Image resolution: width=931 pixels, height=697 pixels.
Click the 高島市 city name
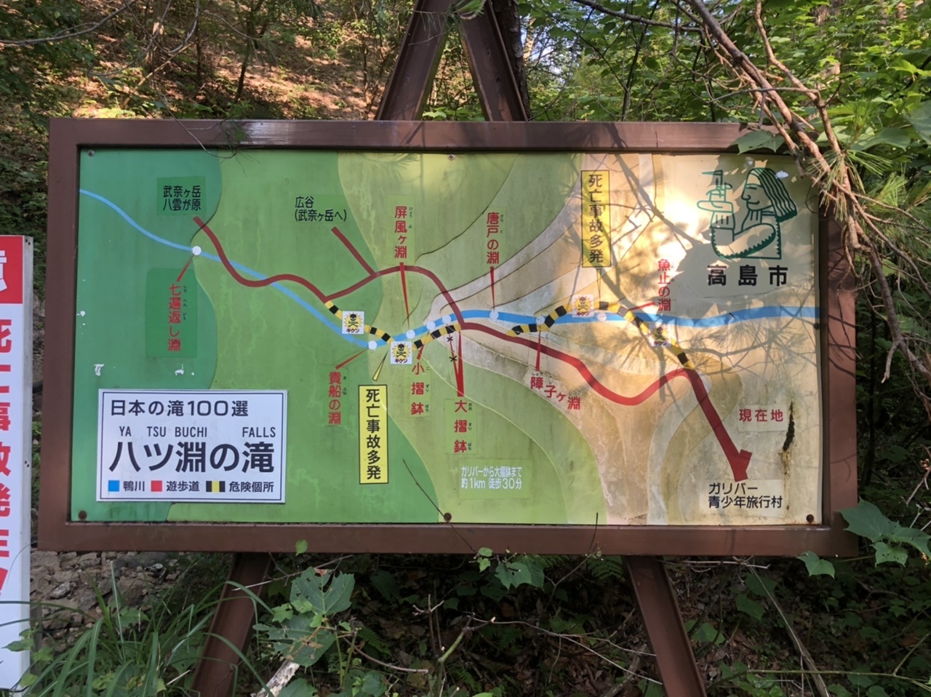click(x=748, y=276)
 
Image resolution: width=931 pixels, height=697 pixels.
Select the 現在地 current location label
click(x=761, y=416)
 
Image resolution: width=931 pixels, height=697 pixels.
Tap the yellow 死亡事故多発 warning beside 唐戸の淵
click(x=596, y=218)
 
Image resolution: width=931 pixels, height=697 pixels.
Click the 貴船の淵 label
click(x=335, y=397)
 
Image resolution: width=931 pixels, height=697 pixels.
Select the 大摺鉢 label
click(x=460, y=426)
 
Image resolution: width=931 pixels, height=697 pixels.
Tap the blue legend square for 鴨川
click(x=113, y=486)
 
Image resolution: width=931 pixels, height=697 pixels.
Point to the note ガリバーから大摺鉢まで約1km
click(x=490, y=476)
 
